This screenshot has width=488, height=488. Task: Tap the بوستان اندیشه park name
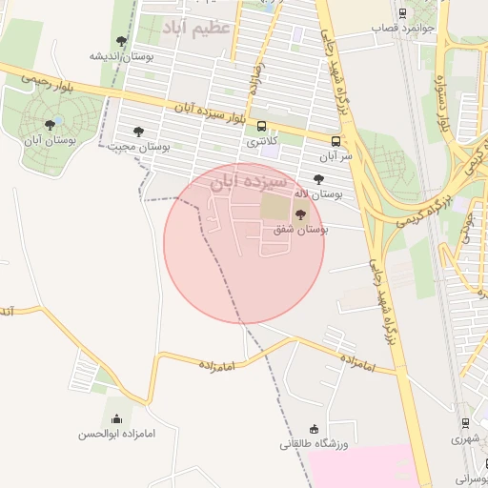[x=121, y=55]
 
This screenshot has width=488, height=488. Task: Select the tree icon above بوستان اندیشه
[x=121, y=40]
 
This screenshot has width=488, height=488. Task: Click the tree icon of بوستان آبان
[x=50, y=125]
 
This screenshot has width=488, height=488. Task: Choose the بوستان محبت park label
[x=139, y=147]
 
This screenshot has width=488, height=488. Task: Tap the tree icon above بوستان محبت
[x=139, y=132]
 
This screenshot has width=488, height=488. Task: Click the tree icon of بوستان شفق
[x=300, y=214]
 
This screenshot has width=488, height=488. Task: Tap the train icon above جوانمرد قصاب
[x=402, y=13]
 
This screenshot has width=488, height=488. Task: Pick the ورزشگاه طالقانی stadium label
[x=315, y=444]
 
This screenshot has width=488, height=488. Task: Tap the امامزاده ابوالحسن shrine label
[x=117, y=435]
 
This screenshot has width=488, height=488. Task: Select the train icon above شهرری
[x=465, y=422]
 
